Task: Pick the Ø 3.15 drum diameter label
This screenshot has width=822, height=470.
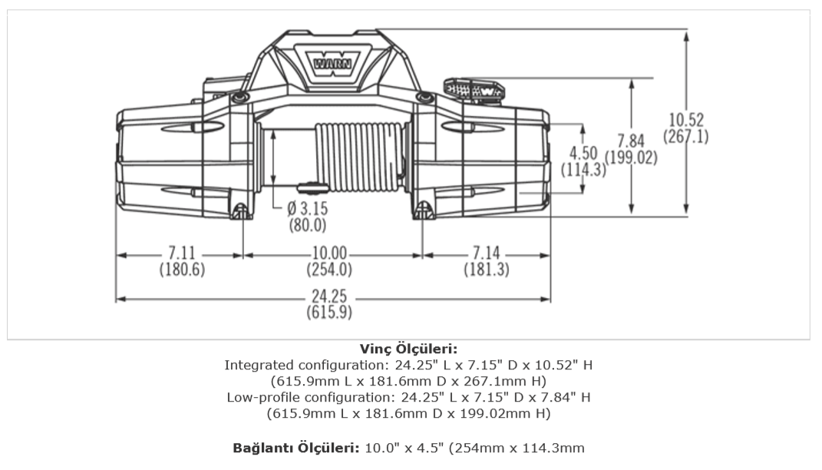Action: (307, 209)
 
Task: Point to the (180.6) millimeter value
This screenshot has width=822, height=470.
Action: (181, 270)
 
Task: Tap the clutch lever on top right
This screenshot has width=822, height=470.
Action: (475, 89)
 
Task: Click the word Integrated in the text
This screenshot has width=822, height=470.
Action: (256, 365)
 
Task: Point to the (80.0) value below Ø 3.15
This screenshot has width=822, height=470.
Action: (307, 226)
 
